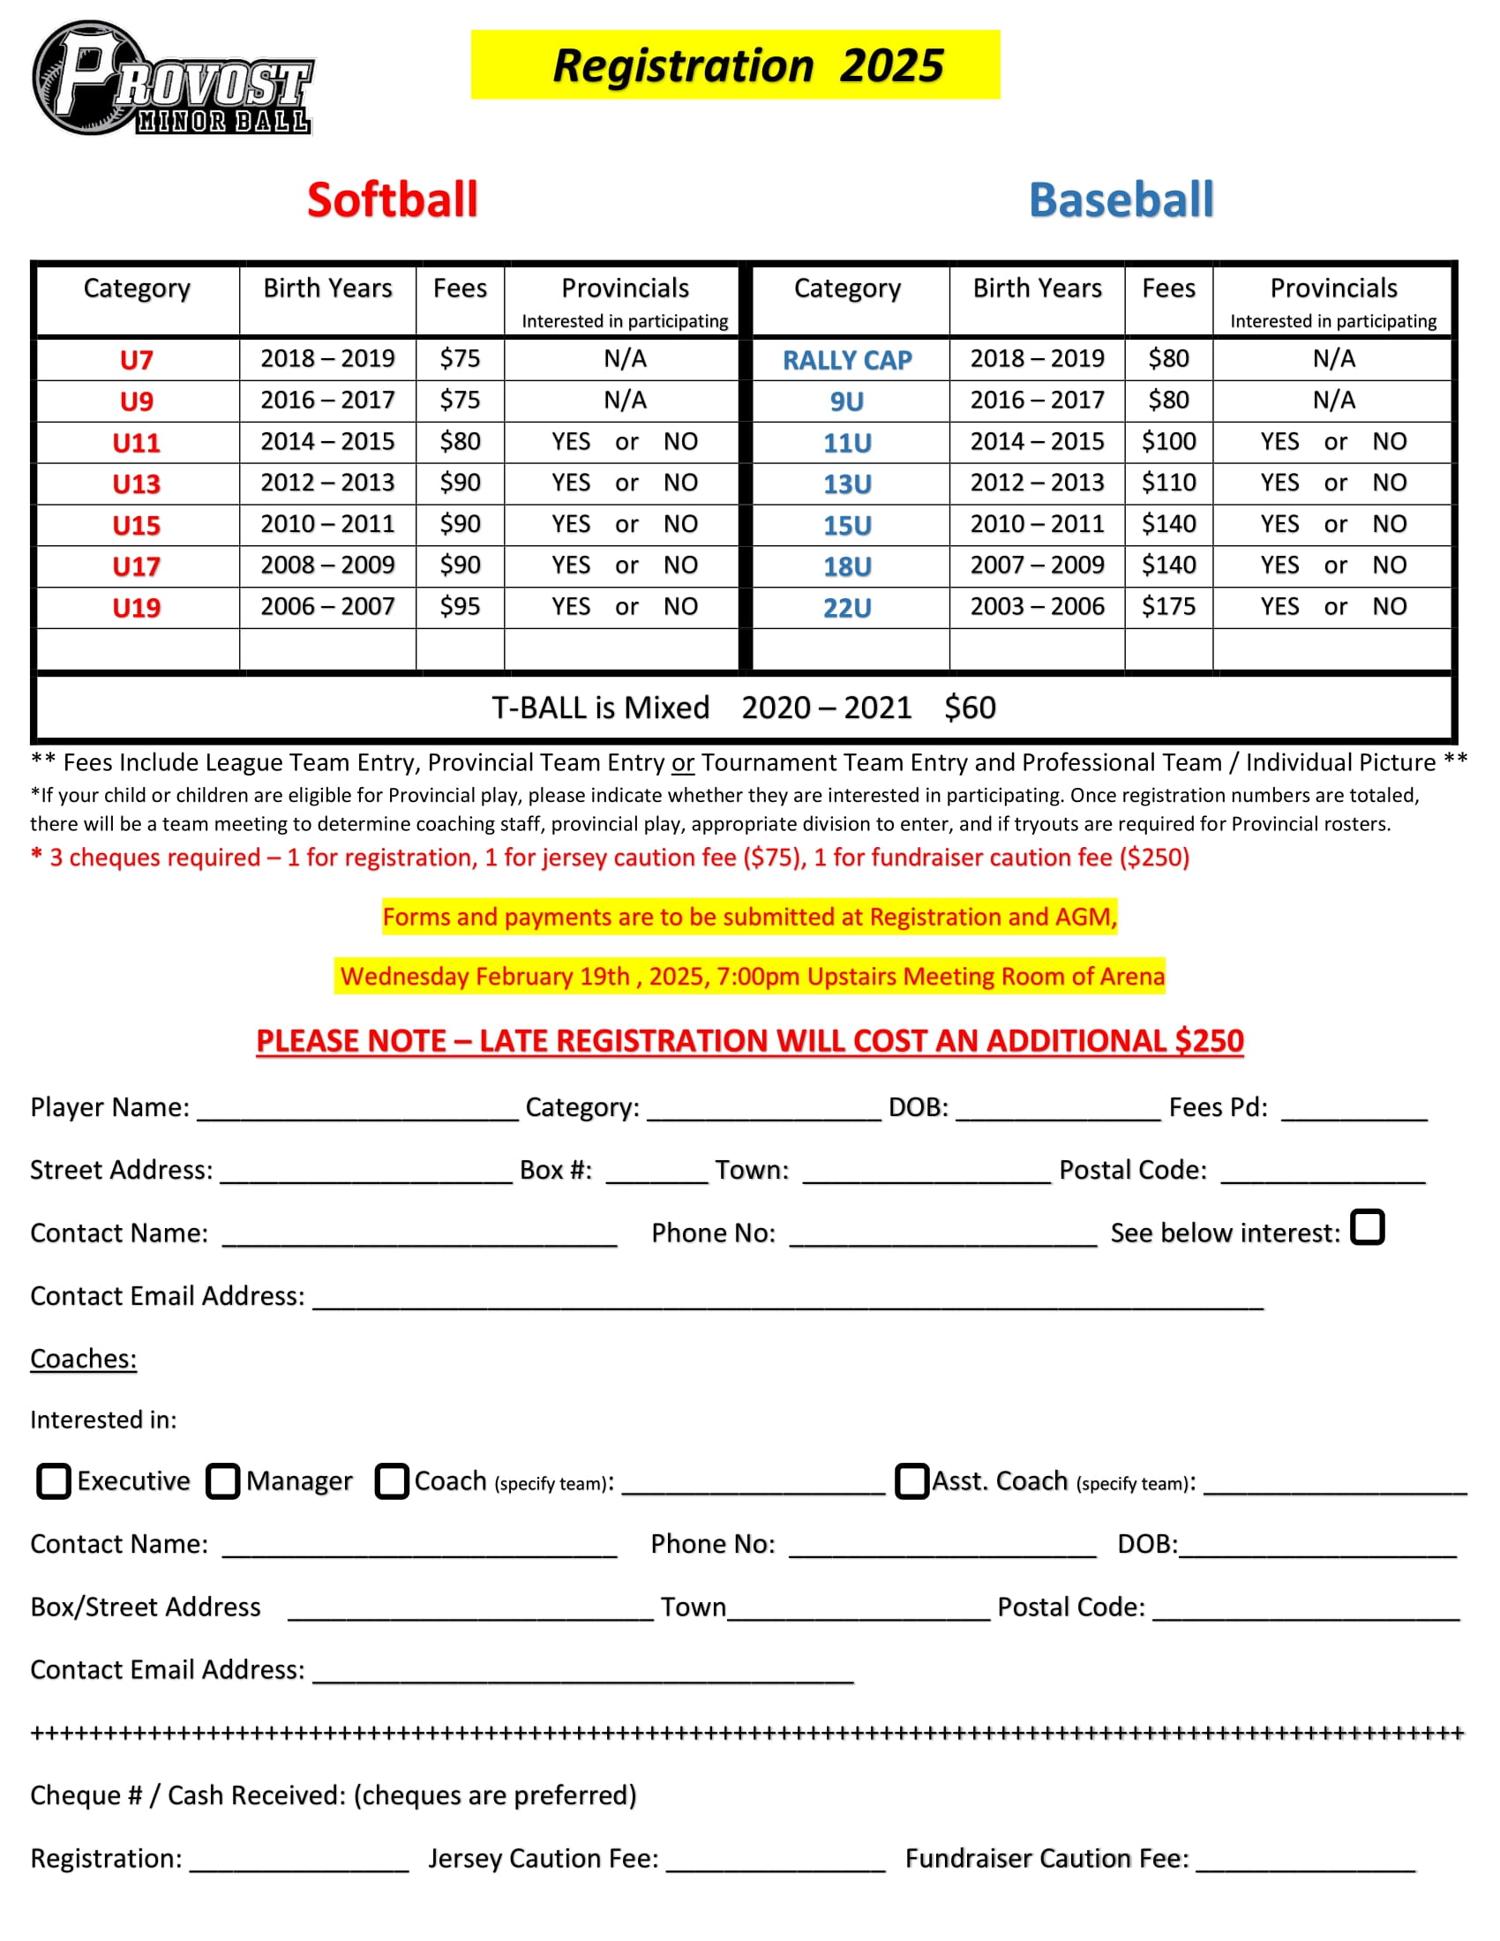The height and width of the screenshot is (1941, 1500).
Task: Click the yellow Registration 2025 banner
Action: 735,65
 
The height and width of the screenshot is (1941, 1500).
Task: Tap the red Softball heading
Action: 392,199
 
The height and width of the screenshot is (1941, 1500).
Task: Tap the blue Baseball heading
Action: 1121,199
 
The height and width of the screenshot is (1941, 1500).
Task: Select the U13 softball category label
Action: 136,484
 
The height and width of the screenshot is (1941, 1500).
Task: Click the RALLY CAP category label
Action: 847,360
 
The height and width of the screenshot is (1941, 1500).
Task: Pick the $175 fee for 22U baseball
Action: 1167,607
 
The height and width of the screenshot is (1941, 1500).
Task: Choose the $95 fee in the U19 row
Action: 460,607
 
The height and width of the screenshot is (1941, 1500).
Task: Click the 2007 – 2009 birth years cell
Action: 1036,566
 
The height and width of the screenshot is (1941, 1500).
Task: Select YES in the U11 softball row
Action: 571,442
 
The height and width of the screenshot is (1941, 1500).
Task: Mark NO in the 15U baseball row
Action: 1389,524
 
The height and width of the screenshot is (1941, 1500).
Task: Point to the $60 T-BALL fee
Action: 970,708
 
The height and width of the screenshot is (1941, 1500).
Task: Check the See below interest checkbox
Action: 1367,1227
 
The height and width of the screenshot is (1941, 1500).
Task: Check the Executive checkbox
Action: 53,1481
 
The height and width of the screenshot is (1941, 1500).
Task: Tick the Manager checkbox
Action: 223,1481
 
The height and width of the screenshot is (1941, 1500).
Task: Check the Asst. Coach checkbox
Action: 911,1481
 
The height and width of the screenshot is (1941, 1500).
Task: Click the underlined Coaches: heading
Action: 84,1359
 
